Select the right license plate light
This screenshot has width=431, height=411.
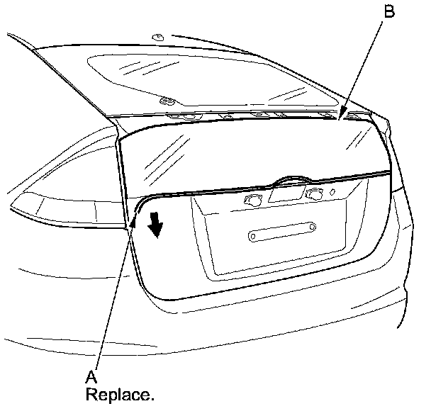(313, 193)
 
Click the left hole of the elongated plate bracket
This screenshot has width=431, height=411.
(254, 235)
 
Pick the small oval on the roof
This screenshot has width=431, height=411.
(157, 35)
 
